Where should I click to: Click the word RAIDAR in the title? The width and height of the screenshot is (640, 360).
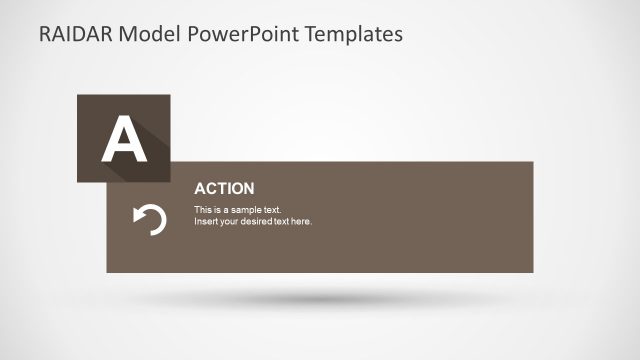(x=75, y=34)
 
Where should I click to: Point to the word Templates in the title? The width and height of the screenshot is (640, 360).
(x=345, y=34)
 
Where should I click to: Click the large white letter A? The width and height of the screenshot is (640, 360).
(x=124, y=139)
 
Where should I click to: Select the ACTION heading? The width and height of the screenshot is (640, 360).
(x=224, y=188)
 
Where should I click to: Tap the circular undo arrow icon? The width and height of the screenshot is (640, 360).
(x=150, y=219)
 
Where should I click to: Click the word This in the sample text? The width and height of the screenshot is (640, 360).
(x=202, y=210)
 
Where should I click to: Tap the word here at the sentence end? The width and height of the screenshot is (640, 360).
(x=301, y=221)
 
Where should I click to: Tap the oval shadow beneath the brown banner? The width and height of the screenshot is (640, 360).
(x=320, y=298)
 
